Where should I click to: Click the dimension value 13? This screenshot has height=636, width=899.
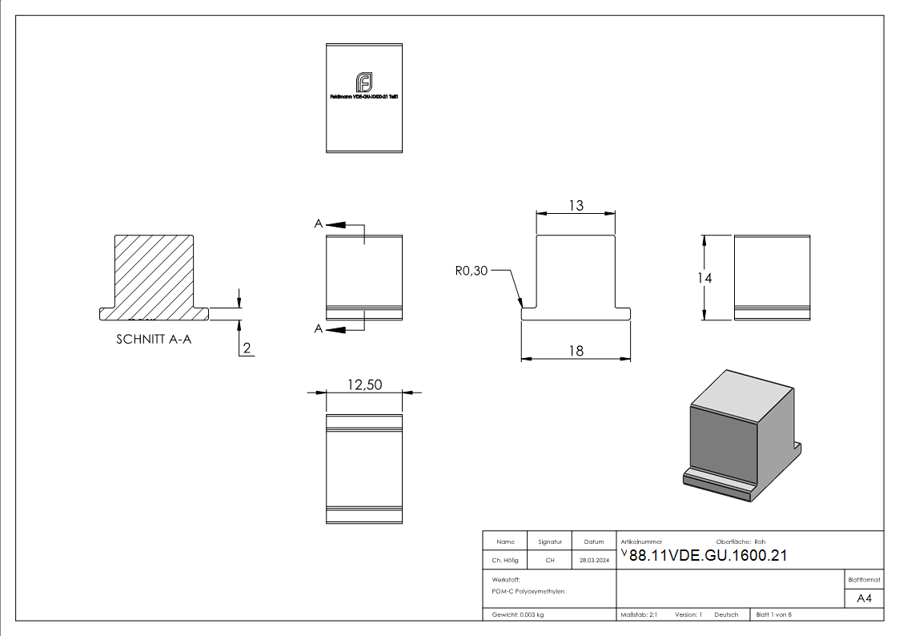[x=576, y=206]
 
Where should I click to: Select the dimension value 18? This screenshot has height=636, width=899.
[x=576, y=350]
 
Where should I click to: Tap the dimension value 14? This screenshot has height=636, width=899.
[x=704, y=278]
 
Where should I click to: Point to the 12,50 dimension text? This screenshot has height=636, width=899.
[x=364, y=385]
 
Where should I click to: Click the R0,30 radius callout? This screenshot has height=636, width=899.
[x=471, y=272]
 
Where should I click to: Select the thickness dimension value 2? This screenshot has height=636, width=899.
[x=247, y=348]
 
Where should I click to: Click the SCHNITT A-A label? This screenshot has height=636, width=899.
[x=154, y=339]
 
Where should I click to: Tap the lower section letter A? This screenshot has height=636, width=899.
[x=319, y=328]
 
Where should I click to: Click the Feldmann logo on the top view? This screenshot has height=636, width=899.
[x=364, y=82]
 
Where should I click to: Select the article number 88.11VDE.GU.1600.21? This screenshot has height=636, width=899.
[x=708, y=556]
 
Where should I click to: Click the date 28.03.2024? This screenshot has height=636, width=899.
[x=594, y=561]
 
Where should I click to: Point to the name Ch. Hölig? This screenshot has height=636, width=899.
[x=505, y=561]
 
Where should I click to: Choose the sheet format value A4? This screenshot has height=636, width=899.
[x=864, y=598]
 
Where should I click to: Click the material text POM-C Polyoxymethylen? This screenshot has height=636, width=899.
[x=528, y=591]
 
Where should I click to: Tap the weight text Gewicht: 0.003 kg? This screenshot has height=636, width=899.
[x=518, y=615]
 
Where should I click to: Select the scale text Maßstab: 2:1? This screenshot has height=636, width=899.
[x=639, y=615]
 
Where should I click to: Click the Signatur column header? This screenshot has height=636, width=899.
[x=550, y=541]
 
